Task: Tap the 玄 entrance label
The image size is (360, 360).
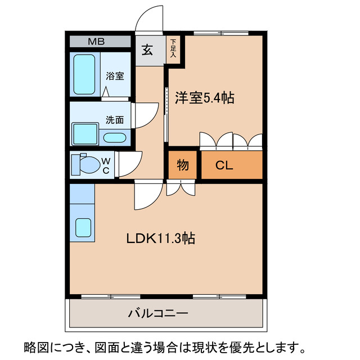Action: tap(147, 51)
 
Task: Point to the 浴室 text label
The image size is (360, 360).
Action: tap(115, 76)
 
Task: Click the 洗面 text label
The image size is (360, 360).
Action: tap(115, 120)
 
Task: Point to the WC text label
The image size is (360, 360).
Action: tap(105, 166)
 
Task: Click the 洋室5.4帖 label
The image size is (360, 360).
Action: tap(204, 97)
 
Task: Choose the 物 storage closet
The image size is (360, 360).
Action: tap(183, 165)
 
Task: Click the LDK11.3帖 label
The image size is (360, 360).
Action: tap(160, 238)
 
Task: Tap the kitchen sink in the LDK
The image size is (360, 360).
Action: tap(83, 227)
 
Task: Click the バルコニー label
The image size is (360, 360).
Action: tap(158, 313)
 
